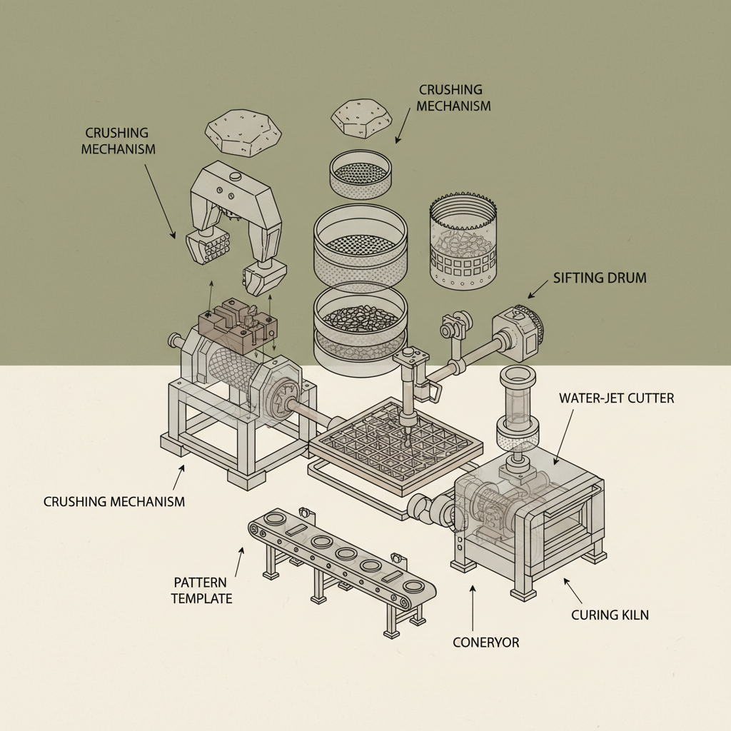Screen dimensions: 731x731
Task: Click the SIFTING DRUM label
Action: (x=600, y=278)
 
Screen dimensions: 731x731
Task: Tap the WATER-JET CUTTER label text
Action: (x=616, y=398)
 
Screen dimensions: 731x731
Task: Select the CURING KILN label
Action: (x=610, y=614)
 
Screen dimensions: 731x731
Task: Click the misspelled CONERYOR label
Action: (x=485, y=642)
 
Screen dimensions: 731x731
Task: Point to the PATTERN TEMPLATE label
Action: (x=202, y=590)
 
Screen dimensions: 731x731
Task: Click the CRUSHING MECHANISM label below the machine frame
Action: (x=114, y=501)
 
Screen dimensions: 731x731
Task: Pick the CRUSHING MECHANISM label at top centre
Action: (x=454, y=98)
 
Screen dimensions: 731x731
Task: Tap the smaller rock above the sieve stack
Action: (x=363, y=119)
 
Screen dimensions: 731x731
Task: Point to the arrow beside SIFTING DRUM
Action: (x=537, y=290)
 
